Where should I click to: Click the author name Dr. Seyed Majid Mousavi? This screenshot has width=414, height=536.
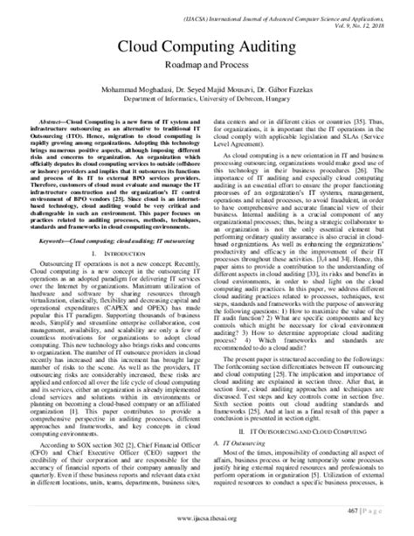click(x=210, y=89)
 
